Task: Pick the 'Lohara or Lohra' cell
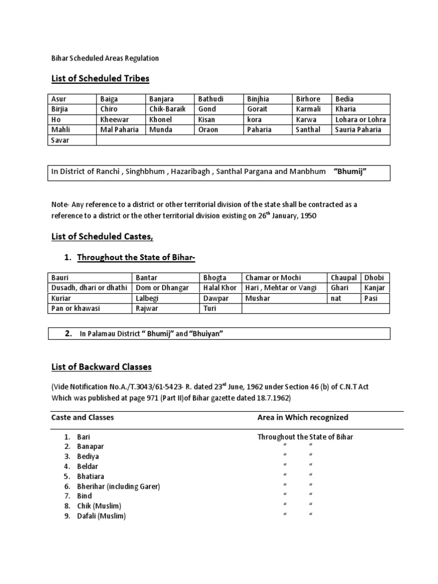[x=360, y=120]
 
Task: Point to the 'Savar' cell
[x=60, y=140]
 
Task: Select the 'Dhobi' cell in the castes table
[x=374, y=278]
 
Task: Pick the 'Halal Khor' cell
[x=220, y=288]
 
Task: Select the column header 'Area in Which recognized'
[x=303, y=417]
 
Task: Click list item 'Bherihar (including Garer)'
[x=119, y=486]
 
